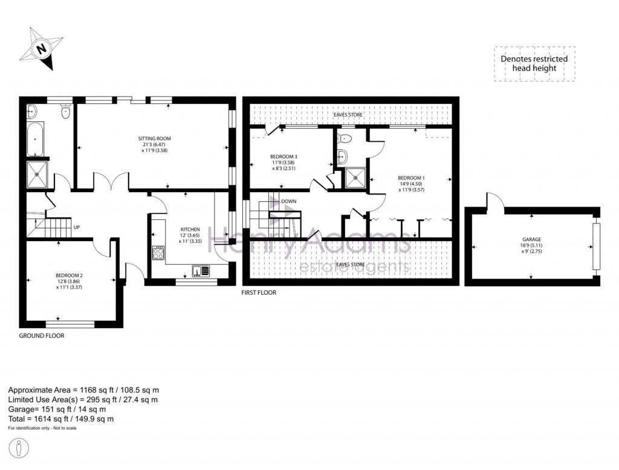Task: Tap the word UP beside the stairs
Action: [77, 228]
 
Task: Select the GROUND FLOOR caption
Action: [42, 336]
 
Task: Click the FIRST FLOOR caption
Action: [259, 292]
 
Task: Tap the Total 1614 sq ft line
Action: [60, 419]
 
